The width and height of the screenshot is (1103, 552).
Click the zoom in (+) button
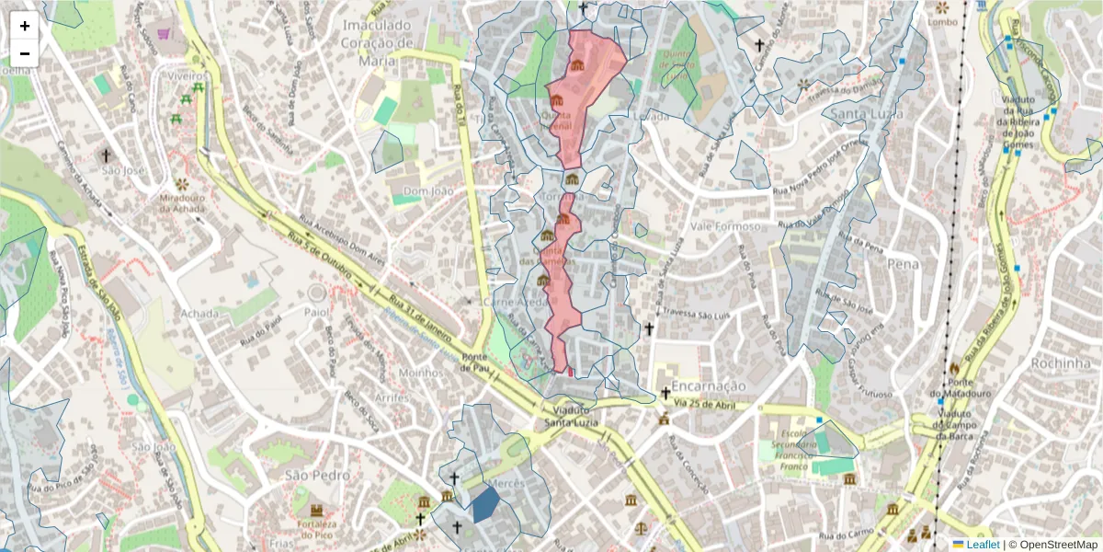click(x=25, y=26)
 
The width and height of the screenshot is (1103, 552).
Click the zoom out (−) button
click(x=25, y=53)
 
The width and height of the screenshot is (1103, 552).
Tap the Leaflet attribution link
click(x=983, y=545)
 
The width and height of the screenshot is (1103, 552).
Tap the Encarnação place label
click(x=709, y=386)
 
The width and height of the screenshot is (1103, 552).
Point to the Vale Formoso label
click(x=726, y=226)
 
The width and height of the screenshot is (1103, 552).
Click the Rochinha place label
click(x=1034, y=362)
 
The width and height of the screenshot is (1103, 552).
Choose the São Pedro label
click(x=317, y=475)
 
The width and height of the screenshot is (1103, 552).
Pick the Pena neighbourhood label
click(x=903, y=264)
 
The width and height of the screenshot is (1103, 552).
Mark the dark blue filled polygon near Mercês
click(x=485, y=504)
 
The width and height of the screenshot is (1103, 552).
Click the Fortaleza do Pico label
click(x=317, y=530)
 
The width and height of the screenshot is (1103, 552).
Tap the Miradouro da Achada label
click(x=179, y=204)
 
